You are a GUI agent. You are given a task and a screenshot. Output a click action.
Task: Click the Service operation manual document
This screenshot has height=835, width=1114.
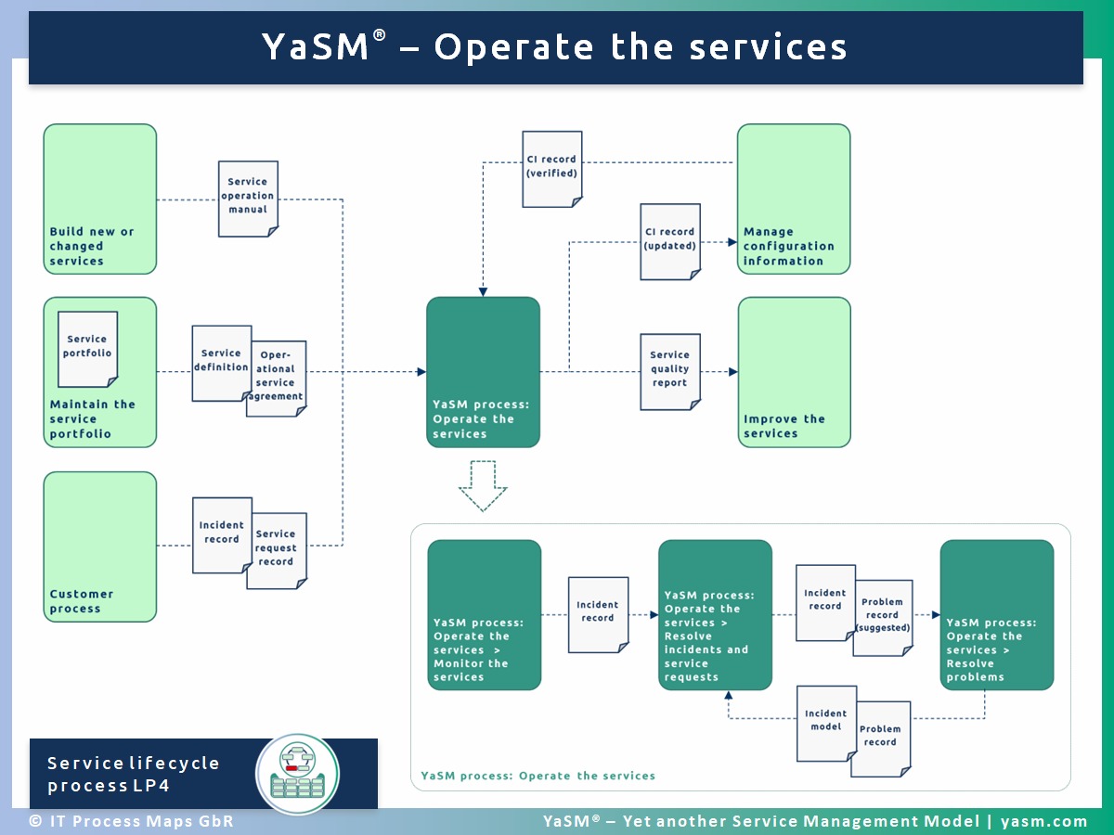pos(248,199)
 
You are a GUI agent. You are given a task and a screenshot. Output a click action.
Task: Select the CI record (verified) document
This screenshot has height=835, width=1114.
pos(552,169)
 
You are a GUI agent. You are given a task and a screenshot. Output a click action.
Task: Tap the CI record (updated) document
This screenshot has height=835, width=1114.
pos(670,242)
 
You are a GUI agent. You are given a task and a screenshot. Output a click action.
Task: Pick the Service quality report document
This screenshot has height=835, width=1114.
pos(670,372)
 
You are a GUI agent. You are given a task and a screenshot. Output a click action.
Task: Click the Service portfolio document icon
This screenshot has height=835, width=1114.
pos(88,350)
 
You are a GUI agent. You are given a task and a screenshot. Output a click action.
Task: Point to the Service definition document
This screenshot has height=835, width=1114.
pos(222,364)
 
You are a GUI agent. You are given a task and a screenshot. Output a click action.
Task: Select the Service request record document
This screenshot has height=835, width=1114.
pos(277,550)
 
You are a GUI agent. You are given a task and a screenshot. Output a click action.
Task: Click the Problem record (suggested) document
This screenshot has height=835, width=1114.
pos(884,618)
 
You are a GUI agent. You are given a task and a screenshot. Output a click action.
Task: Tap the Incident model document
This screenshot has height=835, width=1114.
pos(827,724)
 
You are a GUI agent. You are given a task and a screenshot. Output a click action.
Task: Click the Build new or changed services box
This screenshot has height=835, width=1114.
pos(100,199)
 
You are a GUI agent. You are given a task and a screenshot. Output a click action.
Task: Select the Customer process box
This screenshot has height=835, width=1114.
pos(100,547)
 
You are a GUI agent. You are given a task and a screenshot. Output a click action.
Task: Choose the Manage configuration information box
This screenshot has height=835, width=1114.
pos(794,199)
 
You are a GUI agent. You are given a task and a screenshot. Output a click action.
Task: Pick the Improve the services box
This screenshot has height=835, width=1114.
pos(795,372)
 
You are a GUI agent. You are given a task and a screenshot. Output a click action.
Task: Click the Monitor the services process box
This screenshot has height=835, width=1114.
pos(485,615)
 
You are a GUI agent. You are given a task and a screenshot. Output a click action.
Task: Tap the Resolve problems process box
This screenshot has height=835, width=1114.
pos(997,615)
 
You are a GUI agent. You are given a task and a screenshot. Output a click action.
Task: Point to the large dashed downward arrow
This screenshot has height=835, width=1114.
pos(483,485)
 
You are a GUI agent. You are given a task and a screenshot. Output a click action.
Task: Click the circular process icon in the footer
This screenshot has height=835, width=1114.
pos(298,774)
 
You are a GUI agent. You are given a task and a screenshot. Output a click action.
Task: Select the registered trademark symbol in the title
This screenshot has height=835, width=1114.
pos(379,35)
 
